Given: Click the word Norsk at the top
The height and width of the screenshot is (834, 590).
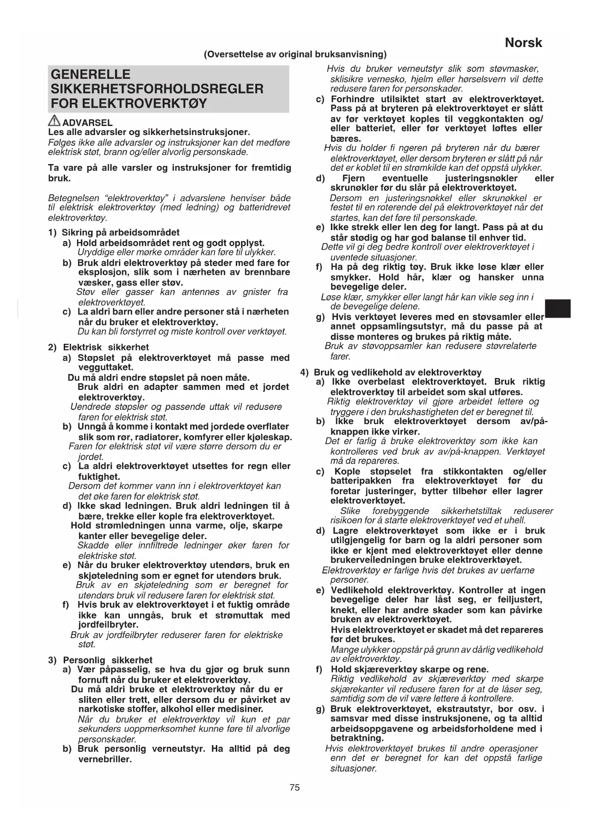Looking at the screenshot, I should [523, 43].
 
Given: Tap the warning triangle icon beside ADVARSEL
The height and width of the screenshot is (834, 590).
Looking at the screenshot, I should [55, 121].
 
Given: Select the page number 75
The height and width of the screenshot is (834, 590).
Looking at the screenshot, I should [295, 787].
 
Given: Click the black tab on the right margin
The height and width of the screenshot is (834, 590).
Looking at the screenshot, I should [558, 309].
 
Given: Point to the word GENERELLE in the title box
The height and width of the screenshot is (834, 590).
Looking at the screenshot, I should [90, 74].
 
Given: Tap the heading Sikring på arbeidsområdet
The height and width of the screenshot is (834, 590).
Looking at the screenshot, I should [121, 233].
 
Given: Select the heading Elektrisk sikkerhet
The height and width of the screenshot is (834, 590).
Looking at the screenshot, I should [106, 347].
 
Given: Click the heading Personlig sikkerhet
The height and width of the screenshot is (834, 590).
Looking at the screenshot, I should [107, 660].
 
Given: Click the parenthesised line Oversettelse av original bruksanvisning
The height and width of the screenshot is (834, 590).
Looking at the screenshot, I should [295, 54].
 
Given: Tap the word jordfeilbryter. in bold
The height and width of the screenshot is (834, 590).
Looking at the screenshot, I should [108, 625].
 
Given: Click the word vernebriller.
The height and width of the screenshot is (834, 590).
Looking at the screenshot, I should [105, 759].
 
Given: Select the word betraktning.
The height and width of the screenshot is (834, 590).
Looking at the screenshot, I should [357, 738].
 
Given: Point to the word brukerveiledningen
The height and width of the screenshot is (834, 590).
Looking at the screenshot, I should [373, 560].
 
